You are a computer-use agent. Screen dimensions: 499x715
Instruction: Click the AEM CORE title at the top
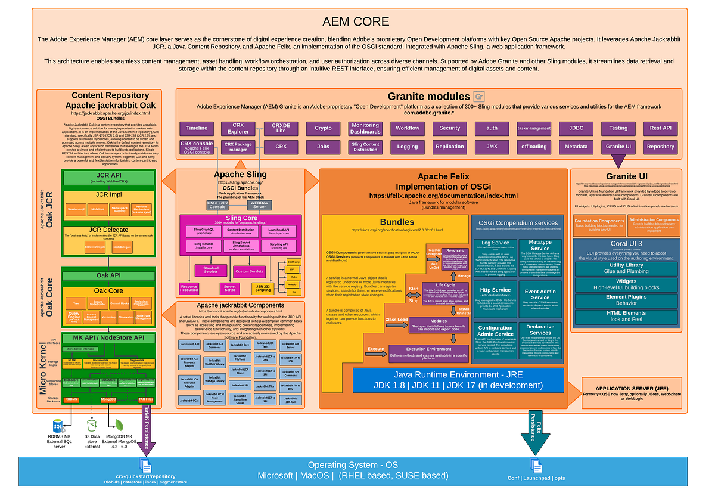[356, 22]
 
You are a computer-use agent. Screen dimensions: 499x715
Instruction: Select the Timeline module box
[197, 128]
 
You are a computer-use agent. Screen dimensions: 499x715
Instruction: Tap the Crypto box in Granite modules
[323, 128]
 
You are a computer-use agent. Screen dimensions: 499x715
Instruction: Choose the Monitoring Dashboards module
[365, 128]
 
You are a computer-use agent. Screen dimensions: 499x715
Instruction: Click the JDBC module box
[576, 128]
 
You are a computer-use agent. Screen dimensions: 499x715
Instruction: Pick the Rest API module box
[660, 128]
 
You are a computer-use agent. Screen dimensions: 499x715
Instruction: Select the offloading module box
[534, 146]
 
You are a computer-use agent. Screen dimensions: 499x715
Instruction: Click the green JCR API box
[108, 178]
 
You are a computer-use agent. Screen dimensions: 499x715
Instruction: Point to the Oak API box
[108, 275]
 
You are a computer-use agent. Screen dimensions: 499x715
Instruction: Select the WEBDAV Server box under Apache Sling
[260, 204]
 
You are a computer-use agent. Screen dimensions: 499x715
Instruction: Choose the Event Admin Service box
[540, 294]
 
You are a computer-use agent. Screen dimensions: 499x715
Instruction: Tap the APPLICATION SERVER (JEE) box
[632, 392]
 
